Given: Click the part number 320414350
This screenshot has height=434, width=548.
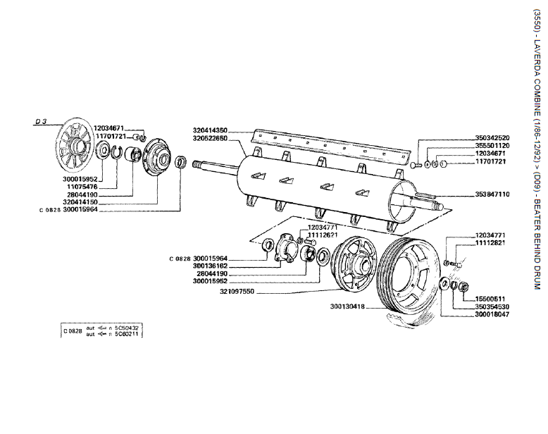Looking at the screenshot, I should coord(210,130).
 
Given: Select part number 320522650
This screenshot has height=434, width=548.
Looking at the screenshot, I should coord(210,139).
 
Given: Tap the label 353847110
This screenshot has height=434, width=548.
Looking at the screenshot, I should coord(492,193).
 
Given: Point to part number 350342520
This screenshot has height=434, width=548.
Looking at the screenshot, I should coord(492,137).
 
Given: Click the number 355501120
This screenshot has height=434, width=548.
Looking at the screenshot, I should coord(492,145).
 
